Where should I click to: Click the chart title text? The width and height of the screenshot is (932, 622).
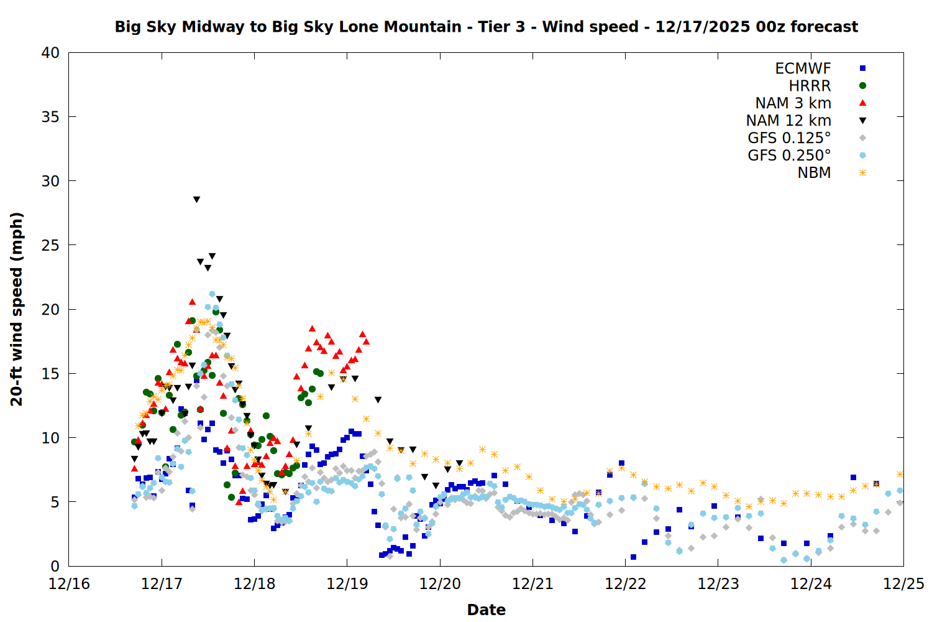tap(486, 27)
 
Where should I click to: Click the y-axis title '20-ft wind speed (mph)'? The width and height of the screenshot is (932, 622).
tap(17, 309)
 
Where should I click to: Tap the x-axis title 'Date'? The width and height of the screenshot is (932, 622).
tap(486, 610)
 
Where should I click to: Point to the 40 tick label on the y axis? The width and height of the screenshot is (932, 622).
tap(50, 53)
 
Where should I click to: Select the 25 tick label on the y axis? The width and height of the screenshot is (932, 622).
tap(50, 245)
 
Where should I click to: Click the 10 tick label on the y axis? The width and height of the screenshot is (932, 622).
tap(50, 438)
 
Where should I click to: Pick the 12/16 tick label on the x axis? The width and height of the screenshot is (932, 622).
tap(69, 584)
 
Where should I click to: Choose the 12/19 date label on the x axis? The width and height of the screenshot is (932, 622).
tap(347, 584)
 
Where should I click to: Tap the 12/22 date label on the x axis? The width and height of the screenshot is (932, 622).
tap(626, 584)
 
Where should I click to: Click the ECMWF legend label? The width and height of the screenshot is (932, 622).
tap(803, 68)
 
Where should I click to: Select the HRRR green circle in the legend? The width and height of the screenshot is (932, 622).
tap(862, 86)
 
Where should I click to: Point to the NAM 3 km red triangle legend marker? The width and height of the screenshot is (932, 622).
tap(862, 103)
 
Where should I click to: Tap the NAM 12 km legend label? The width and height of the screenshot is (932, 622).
tap(788, 121)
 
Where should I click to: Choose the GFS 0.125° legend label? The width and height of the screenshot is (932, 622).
tap(789, 138)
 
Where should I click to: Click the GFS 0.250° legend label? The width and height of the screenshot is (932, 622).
tap(789, 155)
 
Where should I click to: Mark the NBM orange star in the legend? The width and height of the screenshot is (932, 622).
tap(862, 173)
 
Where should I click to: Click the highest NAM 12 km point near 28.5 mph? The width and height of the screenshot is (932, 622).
tap(196, 200)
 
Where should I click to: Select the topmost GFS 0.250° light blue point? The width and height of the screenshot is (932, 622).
tap(212, 294)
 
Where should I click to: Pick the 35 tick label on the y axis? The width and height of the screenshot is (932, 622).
tap(50, 117)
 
